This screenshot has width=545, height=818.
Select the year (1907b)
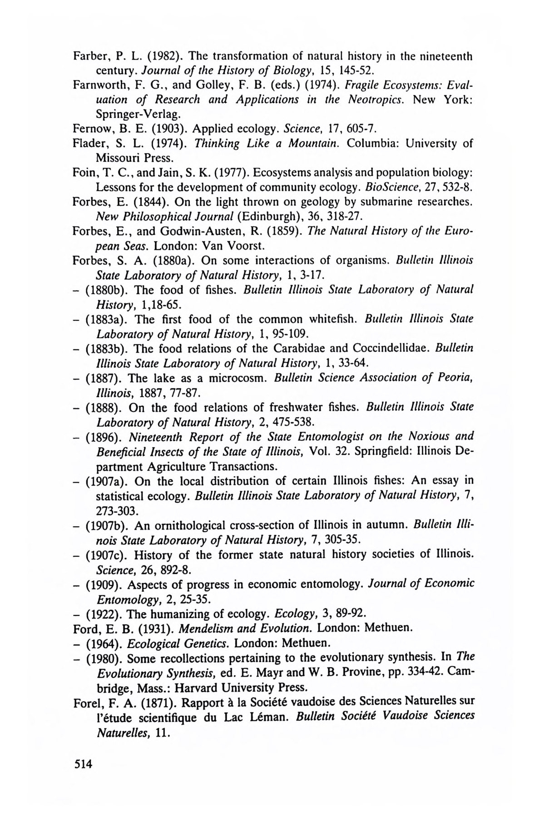108,525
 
